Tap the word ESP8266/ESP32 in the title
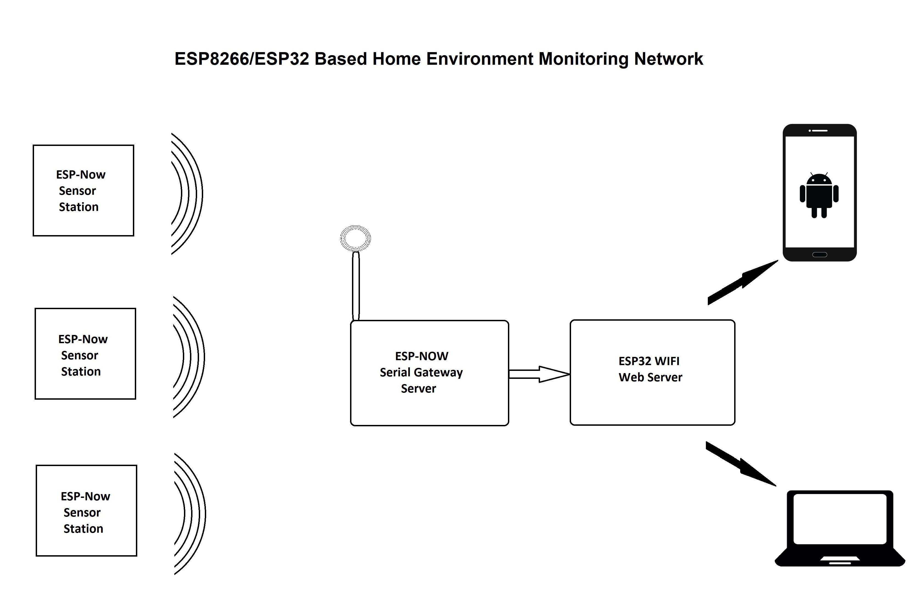click(x=242, y=59)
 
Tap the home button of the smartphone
click(x=819, y=254)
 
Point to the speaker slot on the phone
click(x=820, y=131)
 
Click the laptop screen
click(x=840, y=519)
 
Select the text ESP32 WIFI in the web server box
click(x=649, y=361)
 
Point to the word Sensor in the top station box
click(x=77, y=191)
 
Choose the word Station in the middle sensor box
click(x=81, y=372)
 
